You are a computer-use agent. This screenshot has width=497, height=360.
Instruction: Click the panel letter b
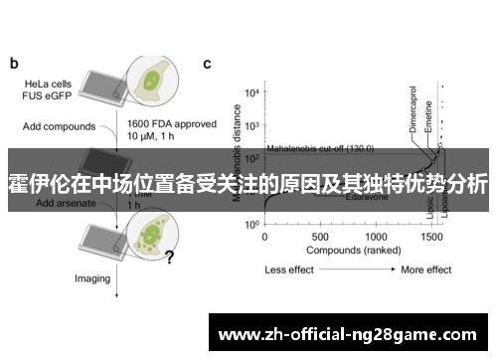point(14,63)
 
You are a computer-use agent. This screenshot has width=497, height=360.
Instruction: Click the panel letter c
point(208,63)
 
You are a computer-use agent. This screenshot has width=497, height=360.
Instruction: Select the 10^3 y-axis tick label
point(251,127)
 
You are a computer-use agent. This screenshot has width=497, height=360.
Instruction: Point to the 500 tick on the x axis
point(319,238)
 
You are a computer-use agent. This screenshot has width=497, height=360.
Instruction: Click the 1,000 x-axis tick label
point(376,238)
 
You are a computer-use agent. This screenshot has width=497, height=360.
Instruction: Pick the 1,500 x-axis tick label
point(431,238)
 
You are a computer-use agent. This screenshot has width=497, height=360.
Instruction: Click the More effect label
point(426,270)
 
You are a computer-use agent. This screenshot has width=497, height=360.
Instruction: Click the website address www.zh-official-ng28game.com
point(351,334)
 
